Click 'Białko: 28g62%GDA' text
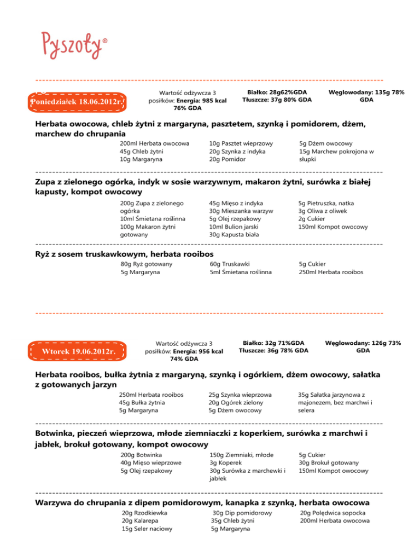(277, 92)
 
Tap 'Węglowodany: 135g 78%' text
(366, 92)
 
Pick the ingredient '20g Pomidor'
(227, 159)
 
